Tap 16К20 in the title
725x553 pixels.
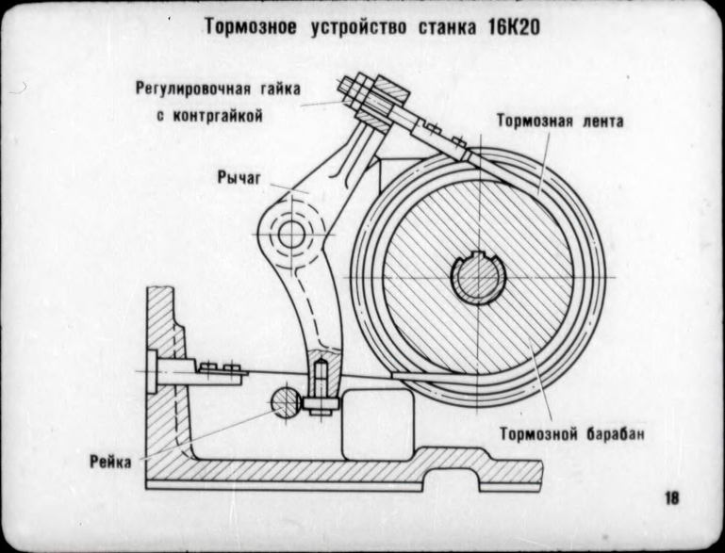point(511,27)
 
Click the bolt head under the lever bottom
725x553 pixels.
point(321,407)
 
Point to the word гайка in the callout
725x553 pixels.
point(278,89)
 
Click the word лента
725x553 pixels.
point(601,122)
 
